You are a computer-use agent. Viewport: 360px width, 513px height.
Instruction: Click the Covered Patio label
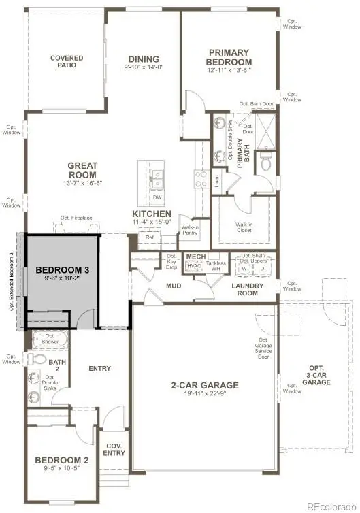(x=67, y=63)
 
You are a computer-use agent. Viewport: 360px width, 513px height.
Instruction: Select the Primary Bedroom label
(x=229, y=57)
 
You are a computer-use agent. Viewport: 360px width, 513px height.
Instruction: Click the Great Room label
(x=82, y=169)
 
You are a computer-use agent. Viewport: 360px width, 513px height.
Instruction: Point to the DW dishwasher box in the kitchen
(x=157, y=198)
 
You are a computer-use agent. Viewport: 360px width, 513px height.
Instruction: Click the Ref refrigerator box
(x=149, y=237)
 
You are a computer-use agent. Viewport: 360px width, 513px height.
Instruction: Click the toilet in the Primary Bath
(x=265, y=164)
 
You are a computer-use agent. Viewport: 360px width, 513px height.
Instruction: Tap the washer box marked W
(x=244, y=268)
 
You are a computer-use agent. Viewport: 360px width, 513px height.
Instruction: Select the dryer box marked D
(x=262, y=268)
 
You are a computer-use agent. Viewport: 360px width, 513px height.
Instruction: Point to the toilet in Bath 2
(x=38, y=359)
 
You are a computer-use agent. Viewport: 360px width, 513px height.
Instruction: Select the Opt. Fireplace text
(x=76, y=218)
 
